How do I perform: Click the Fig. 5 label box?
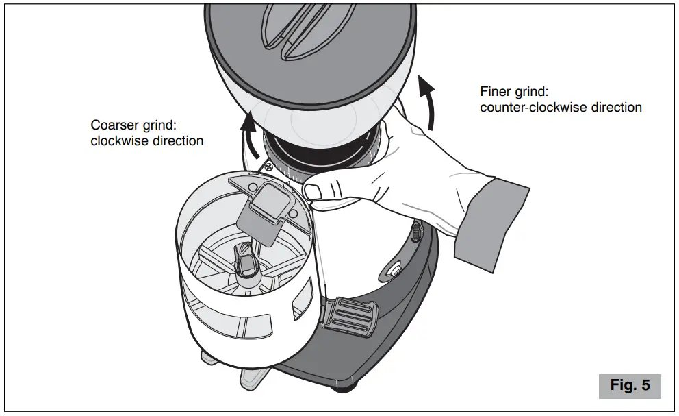click(x=630, y=385)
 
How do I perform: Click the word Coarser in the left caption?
click(x=114, y=126)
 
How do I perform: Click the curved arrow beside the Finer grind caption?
click(x=428, y=103)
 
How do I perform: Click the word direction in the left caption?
click(x=175, y=142)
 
